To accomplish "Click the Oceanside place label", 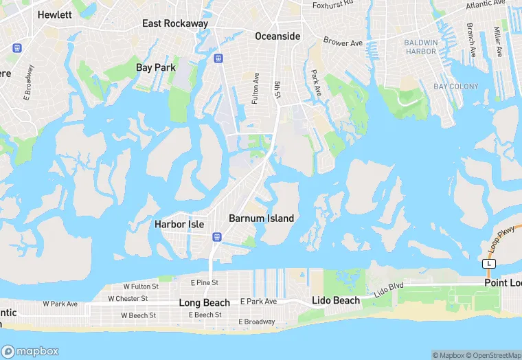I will click(277, 36).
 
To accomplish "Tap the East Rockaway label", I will click(175, 23).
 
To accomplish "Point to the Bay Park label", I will click(156, 67).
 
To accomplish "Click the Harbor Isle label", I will click(179, 224).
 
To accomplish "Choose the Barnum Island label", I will click(261, 218).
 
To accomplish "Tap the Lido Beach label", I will click(336, 300).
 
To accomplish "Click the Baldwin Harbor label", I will click(421, 47).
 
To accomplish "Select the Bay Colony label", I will click(455, 87).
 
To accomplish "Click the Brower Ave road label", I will click(343, 43).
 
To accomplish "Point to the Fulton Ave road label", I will click(256, 88).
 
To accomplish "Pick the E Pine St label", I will click(205, 282).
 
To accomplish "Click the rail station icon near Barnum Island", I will click(217, 237).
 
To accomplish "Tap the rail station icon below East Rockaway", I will click(218, 58).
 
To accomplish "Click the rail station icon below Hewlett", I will click(17, 48).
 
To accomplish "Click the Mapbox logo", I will click(30, 351).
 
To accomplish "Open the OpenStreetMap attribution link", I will click(493, 355).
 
